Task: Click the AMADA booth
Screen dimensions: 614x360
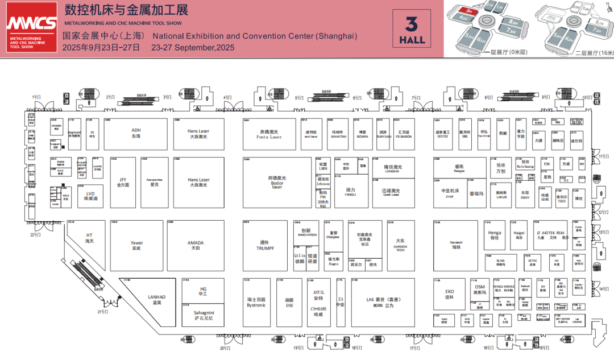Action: click(196, 245)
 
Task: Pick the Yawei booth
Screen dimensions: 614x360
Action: click(136, 245)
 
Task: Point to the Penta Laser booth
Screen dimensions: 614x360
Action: click(269, 134)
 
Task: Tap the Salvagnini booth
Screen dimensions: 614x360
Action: click(203, 315)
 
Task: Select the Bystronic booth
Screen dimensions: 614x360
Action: click(256, 301)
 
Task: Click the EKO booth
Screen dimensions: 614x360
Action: click(449, 294)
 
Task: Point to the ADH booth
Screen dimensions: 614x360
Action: click(136, 134)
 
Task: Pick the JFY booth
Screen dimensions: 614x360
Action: click(123, 182)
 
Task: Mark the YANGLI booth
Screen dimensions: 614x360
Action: click(350, 192)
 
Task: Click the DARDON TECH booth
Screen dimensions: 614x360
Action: click(401, 245)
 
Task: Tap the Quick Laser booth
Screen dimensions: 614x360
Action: click(391, 192)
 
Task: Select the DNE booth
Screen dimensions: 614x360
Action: click(289, 302)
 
